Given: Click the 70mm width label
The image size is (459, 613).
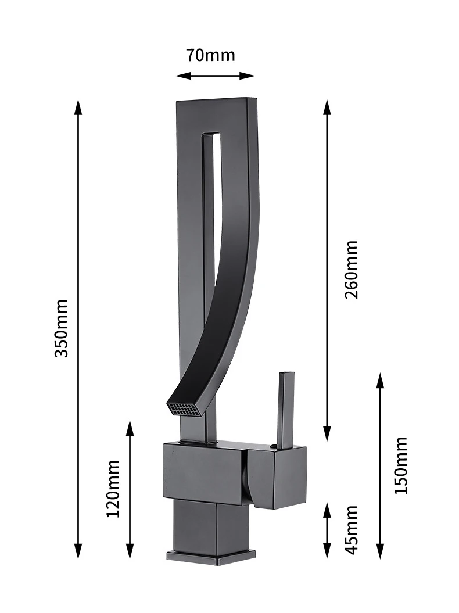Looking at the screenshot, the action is (210, 55).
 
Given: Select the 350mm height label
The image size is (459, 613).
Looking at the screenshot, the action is (62, 328).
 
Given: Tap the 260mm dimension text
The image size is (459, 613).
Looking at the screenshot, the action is (351, 270).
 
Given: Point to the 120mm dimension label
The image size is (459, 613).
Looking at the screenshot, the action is (113, 488).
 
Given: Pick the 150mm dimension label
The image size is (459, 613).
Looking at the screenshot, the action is (400, 465).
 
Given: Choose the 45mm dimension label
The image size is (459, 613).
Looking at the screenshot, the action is (351, 530).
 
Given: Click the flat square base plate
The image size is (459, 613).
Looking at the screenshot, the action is (211, 556).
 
